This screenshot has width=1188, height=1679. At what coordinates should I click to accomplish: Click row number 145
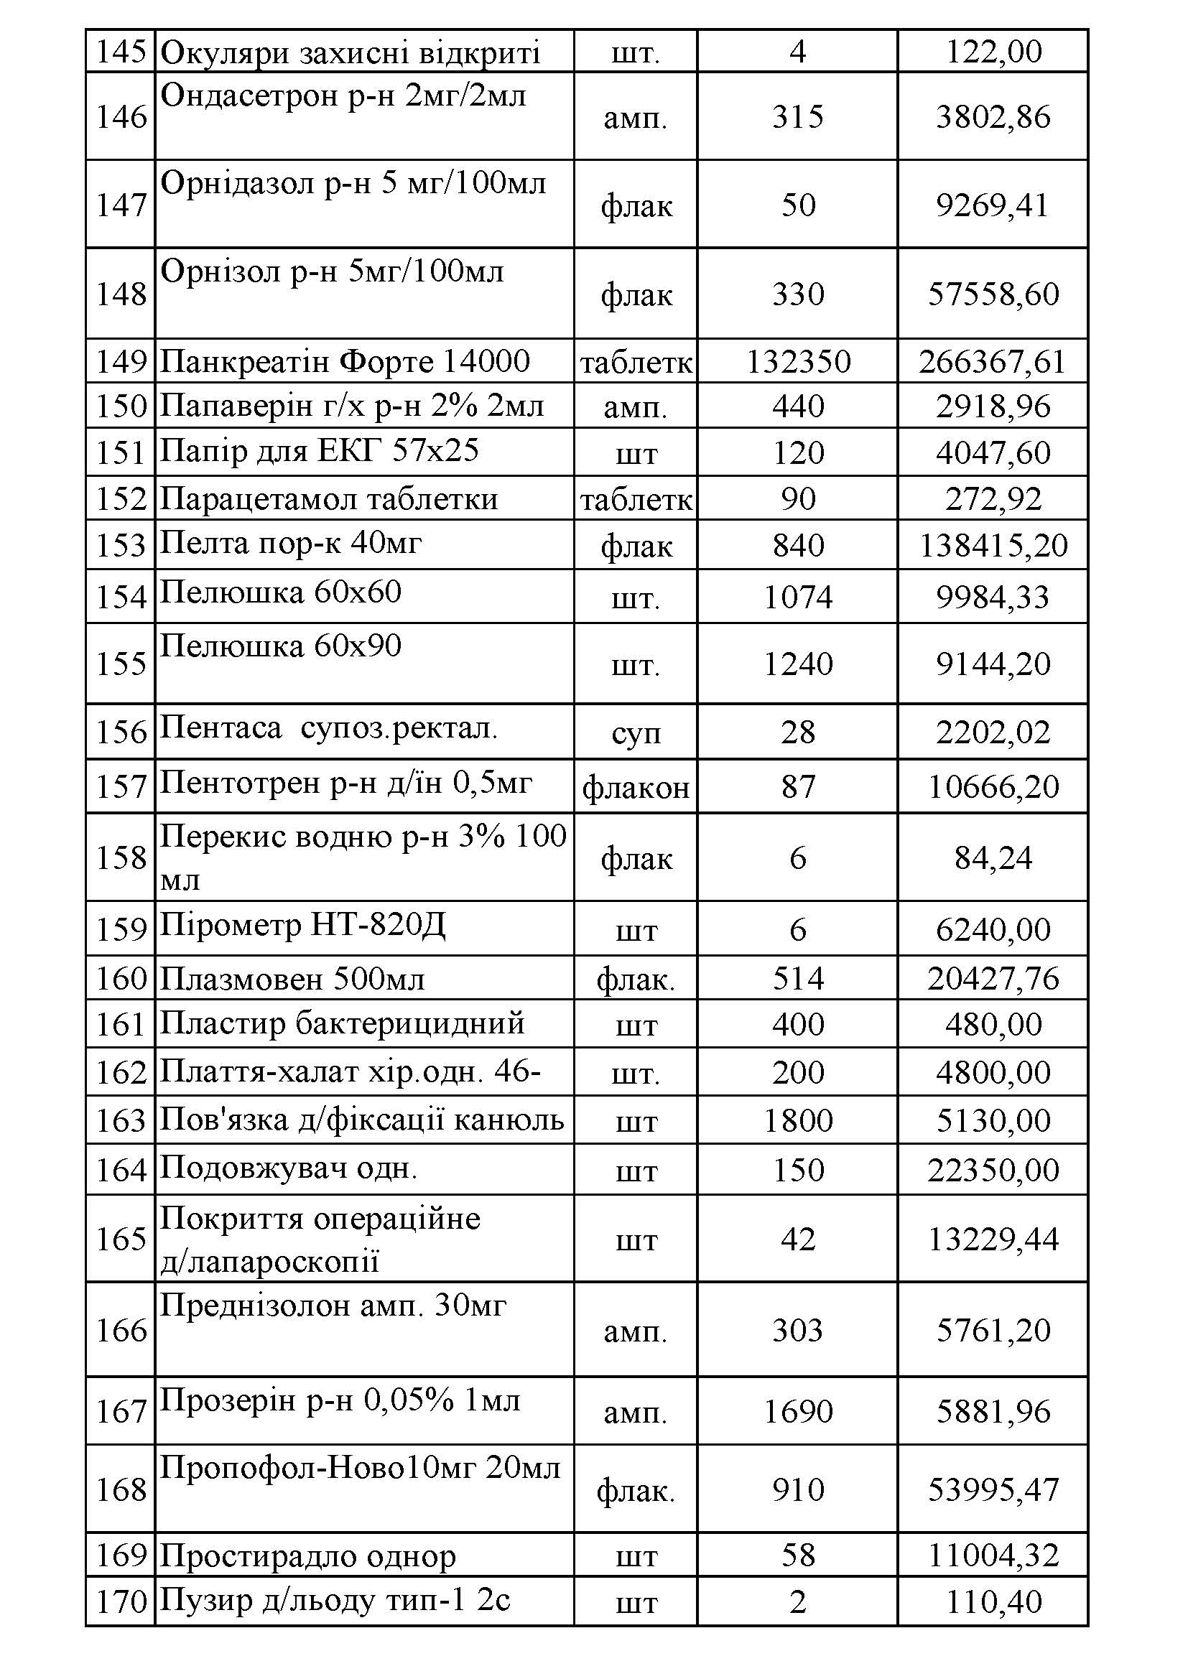[121, 52]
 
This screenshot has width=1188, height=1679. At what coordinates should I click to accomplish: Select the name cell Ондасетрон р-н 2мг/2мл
[343, 96]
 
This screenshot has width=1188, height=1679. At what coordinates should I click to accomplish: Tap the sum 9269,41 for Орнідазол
[992, 205]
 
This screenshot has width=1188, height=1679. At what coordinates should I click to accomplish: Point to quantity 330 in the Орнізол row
[797, 294]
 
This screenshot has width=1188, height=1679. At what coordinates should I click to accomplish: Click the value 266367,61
[992, 362]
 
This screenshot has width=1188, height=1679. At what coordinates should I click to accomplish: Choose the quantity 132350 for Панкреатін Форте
[797, 362]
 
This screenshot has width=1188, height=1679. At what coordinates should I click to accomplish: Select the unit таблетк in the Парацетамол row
[636, 499]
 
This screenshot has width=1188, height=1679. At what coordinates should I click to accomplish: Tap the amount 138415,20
[993, 546]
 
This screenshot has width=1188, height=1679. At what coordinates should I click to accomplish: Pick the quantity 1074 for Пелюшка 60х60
[797, 597]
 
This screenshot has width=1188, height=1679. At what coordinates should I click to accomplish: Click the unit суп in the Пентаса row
[636, 732]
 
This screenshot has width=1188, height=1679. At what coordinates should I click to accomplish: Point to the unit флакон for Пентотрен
[636, 788]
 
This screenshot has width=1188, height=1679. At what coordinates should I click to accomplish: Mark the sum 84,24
[993, 857]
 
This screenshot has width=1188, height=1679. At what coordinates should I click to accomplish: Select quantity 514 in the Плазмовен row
[797, 978]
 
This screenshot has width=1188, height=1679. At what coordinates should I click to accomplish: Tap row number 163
[121, 1120]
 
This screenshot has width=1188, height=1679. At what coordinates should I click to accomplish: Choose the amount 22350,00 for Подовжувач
[993, 1170]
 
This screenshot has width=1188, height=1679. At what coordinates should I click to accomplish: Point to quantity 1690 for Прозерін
[797, 1411]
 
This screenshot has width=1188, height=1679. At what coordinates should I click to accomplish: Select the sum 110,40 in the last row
[993, 1602]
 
